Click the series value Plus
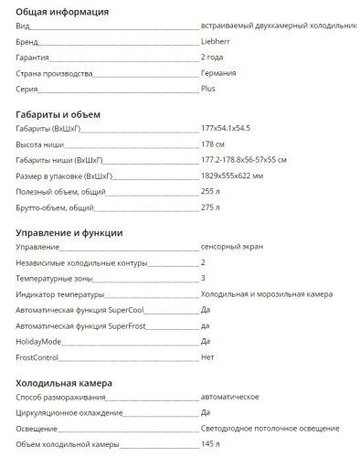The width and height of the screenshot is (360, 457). [x=208, y=89]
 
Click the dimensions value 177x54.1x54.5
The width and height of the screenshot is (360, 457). [x=228, y=129]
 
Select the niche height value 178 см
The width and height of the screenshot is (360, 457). [x=214, y=144]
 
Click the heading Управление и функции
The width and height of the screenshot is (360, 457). [x=82, y=232]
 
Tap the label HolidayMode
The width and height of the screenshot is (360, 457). [x=37, y=341]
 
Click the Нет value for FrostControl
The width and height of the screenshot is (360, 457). [x=207, y=357]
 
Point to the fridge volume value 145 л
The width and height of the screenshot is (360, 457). [x=210, y=444]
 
